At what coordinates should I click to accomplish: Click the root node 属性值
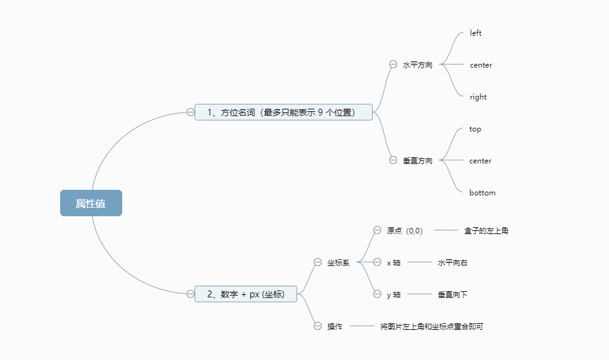coord(91,203)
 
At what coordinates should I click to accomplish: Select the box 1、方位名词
coord(283,112)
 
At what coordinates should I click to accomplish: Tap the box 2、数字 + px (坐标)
coord(246,294)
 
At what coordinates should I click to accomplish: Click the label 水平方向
coord(417,65)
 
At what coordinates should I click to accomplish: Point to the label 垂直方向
coord(417,160)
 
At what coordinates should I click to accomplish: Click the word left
coord(476,33)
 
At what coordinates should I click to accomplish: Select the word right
coord(478,97)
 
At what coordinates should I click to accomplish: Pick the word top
coord(475,129)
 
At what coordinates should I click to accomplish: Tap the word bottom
coord(482,193)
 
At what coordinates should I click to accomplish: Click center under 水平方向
coord(481,65)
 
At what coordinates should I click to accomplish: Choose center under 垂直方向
coord(480,161)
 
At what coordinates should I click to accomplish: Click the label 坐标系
coord(338,262)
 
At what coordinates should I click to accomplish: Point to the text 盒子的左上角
coord(486,230)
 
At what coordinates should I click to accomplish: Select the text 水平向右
coord(452,262)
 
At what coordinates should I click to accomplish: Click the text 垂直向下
coord(452,294)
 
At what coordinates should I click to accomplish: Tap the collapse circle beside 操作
coord(317,326)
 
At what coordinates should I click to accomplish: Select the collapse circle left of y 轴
coord(377,294)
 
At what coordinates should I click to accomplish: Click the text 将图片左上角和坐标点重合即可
coord(432,326)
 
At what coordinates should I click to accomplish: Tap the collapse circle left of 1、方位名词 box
coord(190,112)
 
